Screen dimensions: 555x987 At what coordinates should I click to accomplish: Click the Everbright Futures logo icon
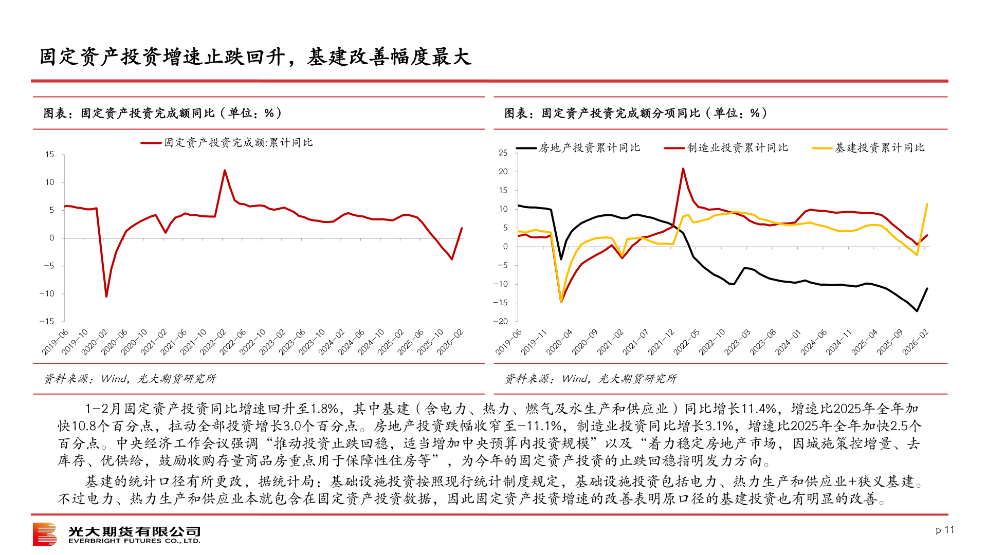click(45, 534)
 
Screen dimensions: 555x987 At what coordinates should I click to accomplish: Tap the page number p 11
click(945, 530)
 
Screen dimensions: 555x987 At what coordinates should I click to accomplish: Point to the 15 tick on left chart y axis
click(49, 154)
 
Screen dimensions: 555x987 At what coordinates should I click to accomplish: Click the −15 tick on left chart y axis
click(47, 321)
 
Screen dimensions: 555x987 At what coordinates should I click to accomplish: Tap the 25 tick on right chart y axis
click(503, 153)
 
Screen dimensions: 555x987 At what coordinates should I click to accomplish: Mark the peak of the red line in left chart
click(225, 171)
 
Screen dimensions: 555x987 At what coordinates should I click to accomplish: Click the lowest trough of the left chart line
click(106, 297)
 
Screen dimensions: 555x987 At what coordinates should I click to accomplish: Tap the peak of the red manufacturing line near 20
click(683, 169)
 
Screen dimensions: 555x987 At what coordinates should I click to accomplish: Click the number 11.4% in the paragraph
click(759, 409)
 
